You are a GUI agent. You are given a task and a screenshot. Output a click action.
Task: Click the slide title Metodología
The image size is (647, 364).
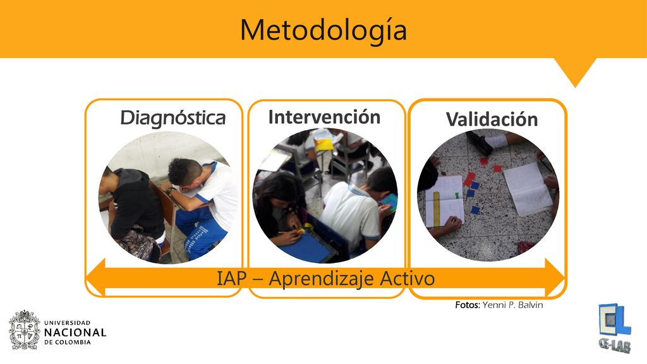323,30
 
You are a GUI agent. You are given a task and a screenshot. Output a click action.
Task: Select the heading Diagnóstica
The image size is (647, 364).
173,118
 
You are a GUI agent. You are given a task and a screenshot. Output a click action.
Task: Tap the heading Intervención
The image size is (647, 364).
324,117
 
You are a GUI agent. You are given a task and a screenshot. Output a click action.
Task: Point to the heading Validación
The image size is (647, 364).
492,119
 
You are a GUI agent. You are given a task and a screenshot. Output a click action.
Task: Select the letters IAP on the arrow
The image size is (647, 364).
231,278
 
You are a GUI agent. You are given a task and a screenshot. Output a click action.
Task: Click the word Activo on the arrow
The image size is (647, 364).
408,278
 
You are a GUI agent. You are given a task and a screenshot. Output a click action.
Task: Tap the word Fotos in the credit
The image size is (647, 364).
468,305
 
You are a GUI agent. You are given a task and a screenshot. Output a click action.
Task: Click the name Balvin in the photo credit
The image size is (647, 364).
531,305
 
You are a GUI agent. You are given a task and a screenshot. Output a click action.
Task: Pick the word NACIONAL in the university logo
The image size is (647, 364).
75,332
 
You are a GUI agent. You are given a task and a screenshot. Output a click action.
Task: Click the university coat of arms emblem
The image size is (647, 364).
25,330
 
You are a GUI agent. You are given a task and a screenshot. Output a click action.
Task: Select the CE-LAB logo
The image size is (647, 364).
614,329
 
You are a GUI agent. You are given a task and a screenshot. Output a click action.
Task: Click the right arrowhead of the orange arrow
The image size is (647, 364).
555,278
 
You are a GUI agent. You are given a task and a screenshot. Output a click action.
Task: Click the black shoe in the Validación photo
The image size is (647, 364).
480,143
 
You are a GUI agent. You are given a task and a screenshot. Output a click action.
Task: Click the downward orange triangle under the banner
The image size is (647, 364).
575,69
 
